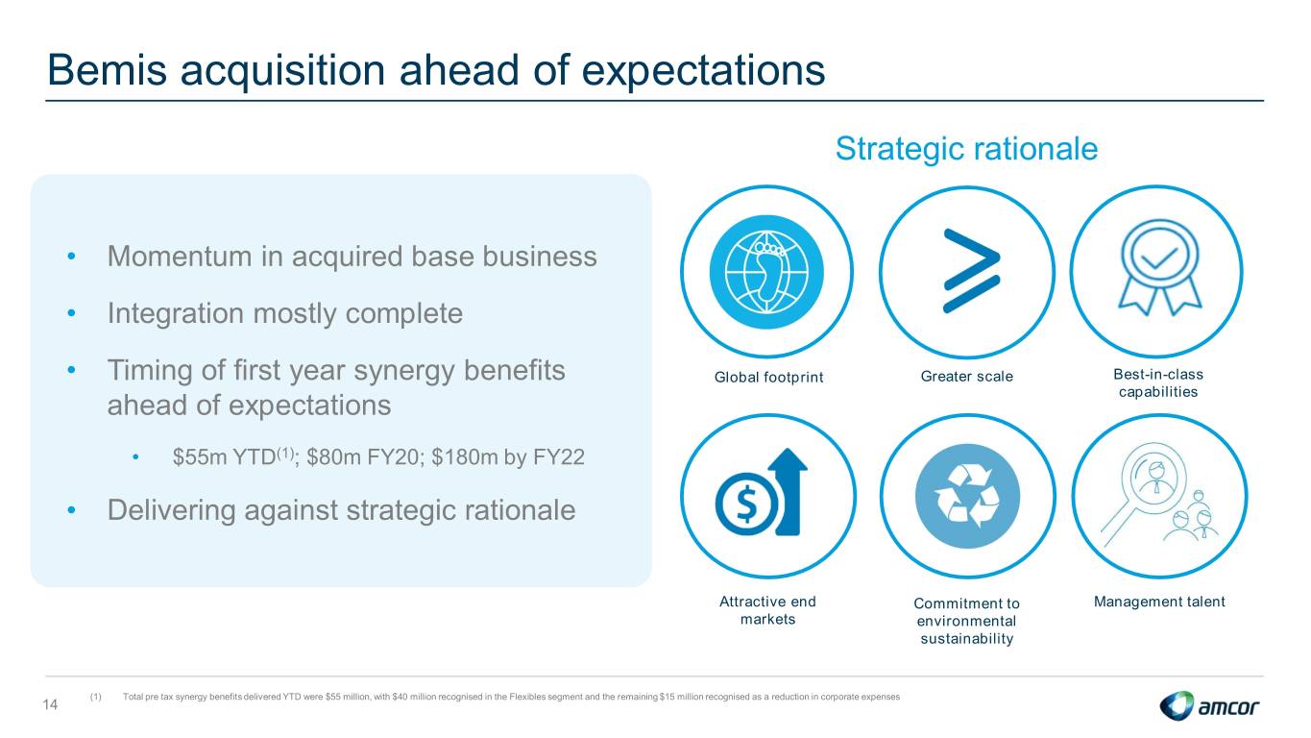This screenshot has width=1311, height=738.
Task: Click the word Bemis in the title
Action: pyautogui.click(x=108, y=70)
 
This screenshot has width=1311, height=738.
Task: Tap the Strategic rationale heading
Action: pyautogui.click(x=966, y=149)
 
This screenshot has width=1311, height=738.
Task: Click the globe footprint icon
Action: pyautogui.click(x=766, y=272)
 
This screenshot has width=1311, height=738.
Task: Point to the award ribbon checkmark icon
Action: pyautogui.click(x=1159, y=267)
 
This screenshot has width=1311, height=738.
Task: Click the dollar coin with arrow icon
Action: pyautogui.click(x=762, y=493)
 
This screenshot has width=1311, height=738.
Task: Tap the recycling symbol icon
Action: pyautogui.click(x=967, y=496)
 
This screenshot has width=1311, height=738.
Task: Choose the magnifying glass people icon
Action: pyautogui.click(x=1159, y=495)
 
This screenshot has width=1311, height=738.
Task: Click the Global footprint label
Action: pyautogui.click(x=768, y=378)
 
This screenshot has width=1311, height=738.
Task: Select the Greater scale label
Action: pyautogui.click(x=967, y=377)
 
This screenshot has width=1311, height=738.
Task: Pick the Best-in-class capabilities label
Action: pyautogui.click(x=1158, y=383)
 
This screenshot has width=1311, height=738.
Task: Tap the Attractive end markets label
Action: pyautogui.click(x=767, y=610)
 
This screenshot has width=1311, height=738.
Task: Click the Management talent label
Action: pyautogui.click(x=1159, y=602)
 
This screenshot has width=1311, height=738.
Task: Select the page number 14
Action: pyautogui.click(x=50, y=704)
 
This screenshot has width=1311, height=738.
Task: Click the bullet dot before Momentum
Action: pyautogui.click(x=71, y=256)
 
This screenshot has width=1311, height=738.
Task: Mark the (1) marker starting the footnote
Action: pyautogui.click(x=95, y=697)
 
